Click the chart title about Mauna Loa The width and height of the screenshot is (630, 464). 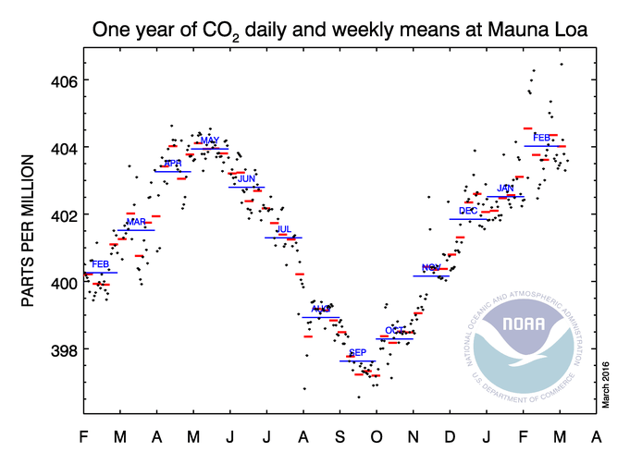(x=341, y=28)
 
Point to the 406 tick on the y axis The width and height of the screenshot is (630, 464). (x=53, y=80)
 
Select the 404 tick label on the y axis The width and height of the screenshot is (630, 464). (x=53, y=148)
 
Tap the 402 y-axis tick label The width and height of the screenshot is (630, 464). (x=53, y=215)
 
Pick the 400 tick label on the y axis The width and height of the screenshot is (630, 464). (x=53, y=282)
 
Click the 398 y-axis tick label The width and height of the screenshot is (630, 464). (x=53, y=349)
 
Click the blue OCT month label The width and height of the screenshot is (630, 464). (x=394, y=330)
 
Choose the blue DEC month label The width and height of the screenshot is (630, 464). (x=468, y=211)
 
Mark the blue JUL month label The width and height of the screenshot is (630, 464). (x=284, y=229)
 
